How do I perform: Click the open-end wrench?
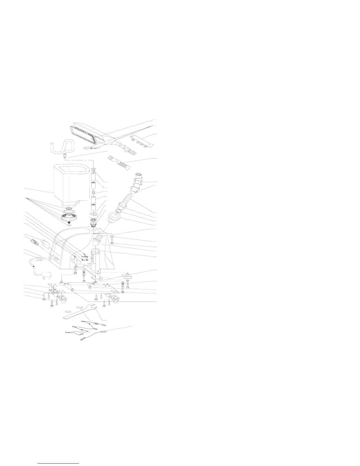(x=81, y=312)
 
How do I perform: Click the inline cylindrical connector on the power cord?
(x=39, y=259)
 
